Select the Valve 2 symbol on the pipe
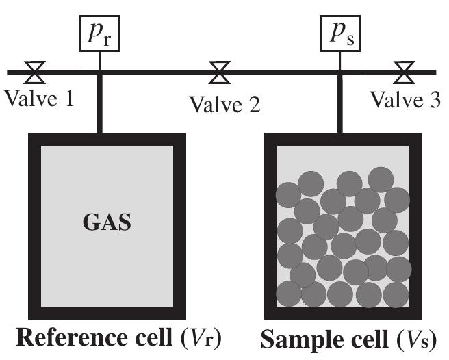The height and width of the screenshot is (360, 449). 220,70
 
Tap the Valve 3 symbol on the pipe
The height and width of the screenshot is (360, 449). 406,70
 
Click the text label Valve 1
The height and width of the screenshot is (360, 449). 39,99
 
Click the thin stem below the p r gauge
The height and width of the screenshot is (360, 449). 100,60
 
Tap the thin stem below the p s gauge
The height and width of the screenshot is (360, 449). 340,60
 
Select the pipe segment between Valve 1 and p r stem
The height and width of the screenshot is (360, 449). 68,71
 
